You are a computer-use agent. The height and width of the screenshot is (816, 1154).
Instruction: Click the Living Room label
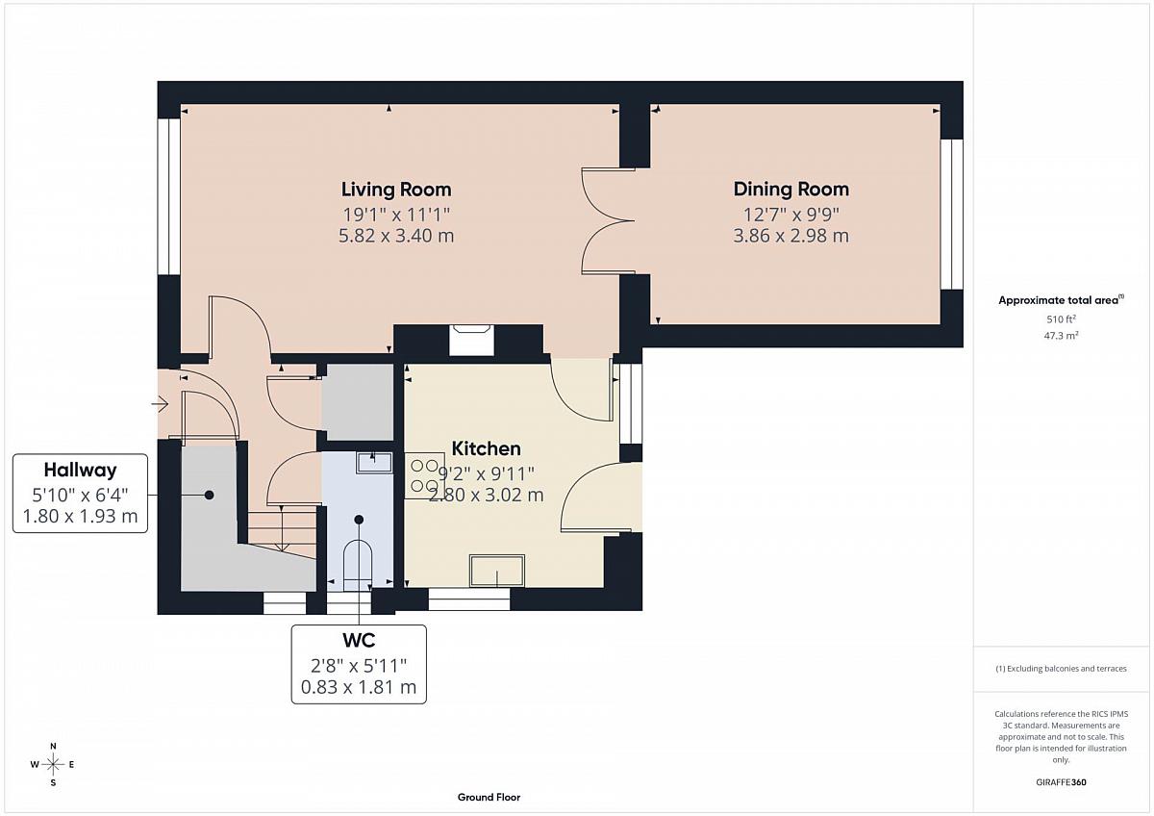tap(396, 190)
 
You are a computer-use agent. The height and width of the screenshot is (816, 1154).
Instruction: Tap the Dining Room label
tap(790, 190)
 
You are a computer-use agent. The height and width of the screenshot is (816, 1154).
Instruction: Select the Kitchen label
tap(486, 448)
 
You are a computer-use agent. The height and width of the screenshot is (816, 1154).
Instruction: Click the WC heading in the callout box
tap(359, 640)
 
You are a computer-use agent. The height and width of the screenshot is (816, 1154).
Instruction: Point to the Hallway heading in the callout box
tap(81, 470)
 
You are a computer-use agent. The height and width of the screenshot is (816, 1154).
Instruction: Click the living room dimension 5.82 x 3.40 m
tap(396, 236)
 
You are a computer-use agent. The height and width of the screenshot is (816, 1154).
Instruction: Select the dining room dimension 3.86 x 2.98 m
tap(790, 236)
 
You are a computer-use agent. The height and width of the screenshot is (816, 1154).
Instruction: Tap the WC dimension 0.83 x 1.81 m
tap(359, 687)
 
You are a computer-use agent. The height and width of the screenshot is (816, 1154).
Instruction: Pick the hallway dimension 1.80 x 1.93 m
tap(81, 516)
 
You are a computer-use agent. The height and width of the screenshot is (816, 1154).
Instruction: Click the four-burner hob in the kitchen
tap(424, 475)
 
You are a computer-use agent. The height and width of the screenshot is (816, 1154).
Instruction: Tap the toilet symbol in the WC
tap(358, 564)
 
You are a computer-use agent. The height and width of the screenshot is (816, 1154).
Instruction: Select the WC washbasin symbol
tap(374, 463)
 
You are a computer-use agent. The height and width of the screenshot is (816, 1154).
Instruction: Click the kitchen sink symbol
tap(497, 571)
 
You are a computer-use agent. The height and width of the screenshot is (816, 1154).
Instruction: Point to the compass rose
tap(53, 764)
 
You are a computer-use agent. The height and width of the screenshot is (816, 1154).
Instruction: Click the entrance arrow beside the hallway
tap(160, 404)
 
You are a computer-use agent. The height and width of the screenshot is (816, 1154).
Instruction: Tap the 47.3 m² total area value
tap(1061, 336)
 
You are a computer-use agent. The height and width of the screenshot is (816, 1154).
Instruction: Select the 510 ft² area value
tap(1061, 319)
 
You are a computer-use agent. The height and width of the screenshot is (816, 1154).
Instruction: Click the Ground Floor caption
tap(489, 798)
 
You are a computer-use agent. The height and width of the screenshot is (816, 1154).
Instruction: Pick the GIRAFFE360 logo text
tap(1061, 782)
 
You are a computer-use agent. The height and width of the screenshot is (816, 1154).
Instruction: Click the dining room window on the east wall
tap(951, 214)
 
